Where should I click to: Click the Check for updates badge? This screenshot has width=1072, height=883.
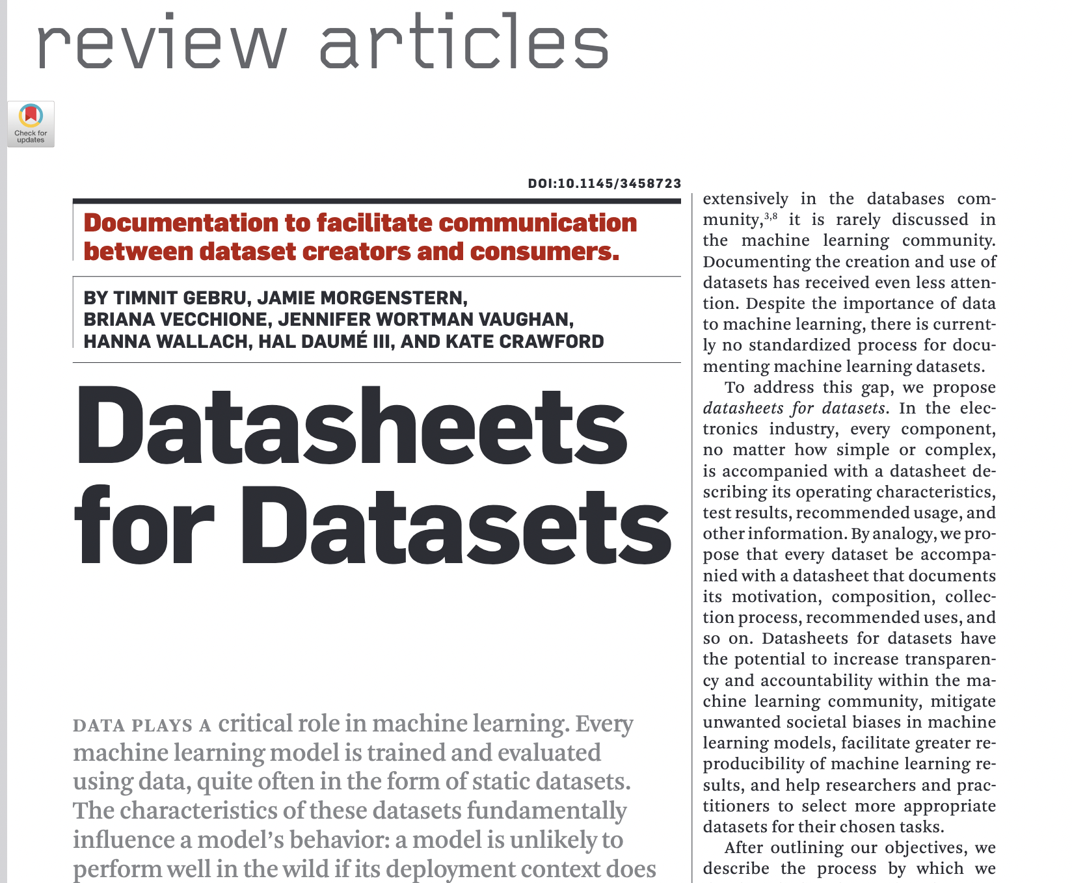tap(31, 124)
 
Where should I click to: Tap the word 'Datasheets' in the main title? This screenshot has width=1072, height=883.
tap(351, 427)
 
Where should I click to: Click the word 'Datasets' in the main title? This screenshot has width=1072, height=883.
tap(455, 525)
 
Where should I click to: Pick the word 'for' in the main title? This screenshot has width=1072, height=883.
tap(144, 525)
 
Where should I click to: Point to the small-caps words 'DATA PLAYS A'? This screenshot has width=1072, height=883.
tap(142, 726)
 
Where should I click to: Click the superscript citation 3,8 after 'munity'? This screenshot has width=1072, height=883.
tap(770, 216)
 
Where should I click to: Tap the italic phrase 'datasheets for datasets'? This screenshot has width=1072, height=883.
tap(794, 408)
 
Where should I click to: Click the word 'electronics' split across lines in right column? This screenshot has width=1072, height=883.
tap(969, 408)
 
